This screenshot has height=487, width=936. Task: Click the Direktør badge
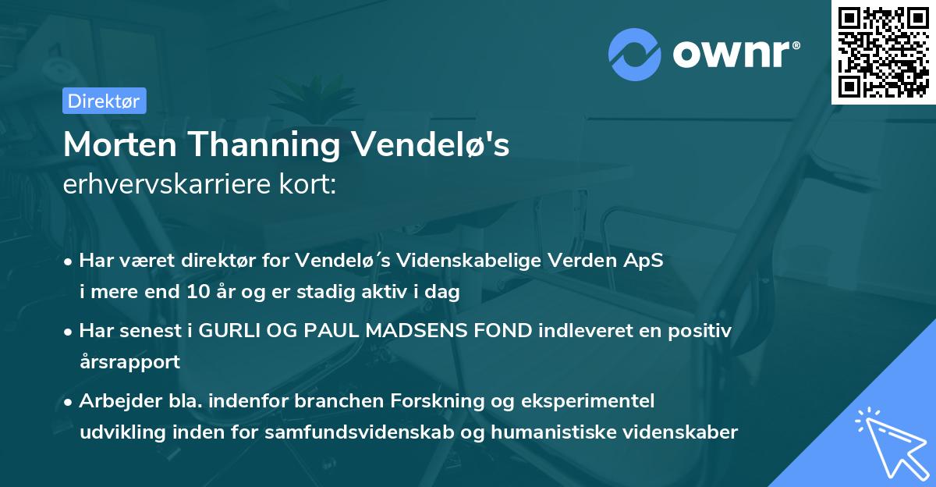(x=104, y=101)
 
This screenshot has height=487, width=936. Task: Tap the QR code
(x=884, y=52)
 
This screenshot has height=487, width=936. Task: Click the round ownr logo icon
(x=634, y=54)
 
